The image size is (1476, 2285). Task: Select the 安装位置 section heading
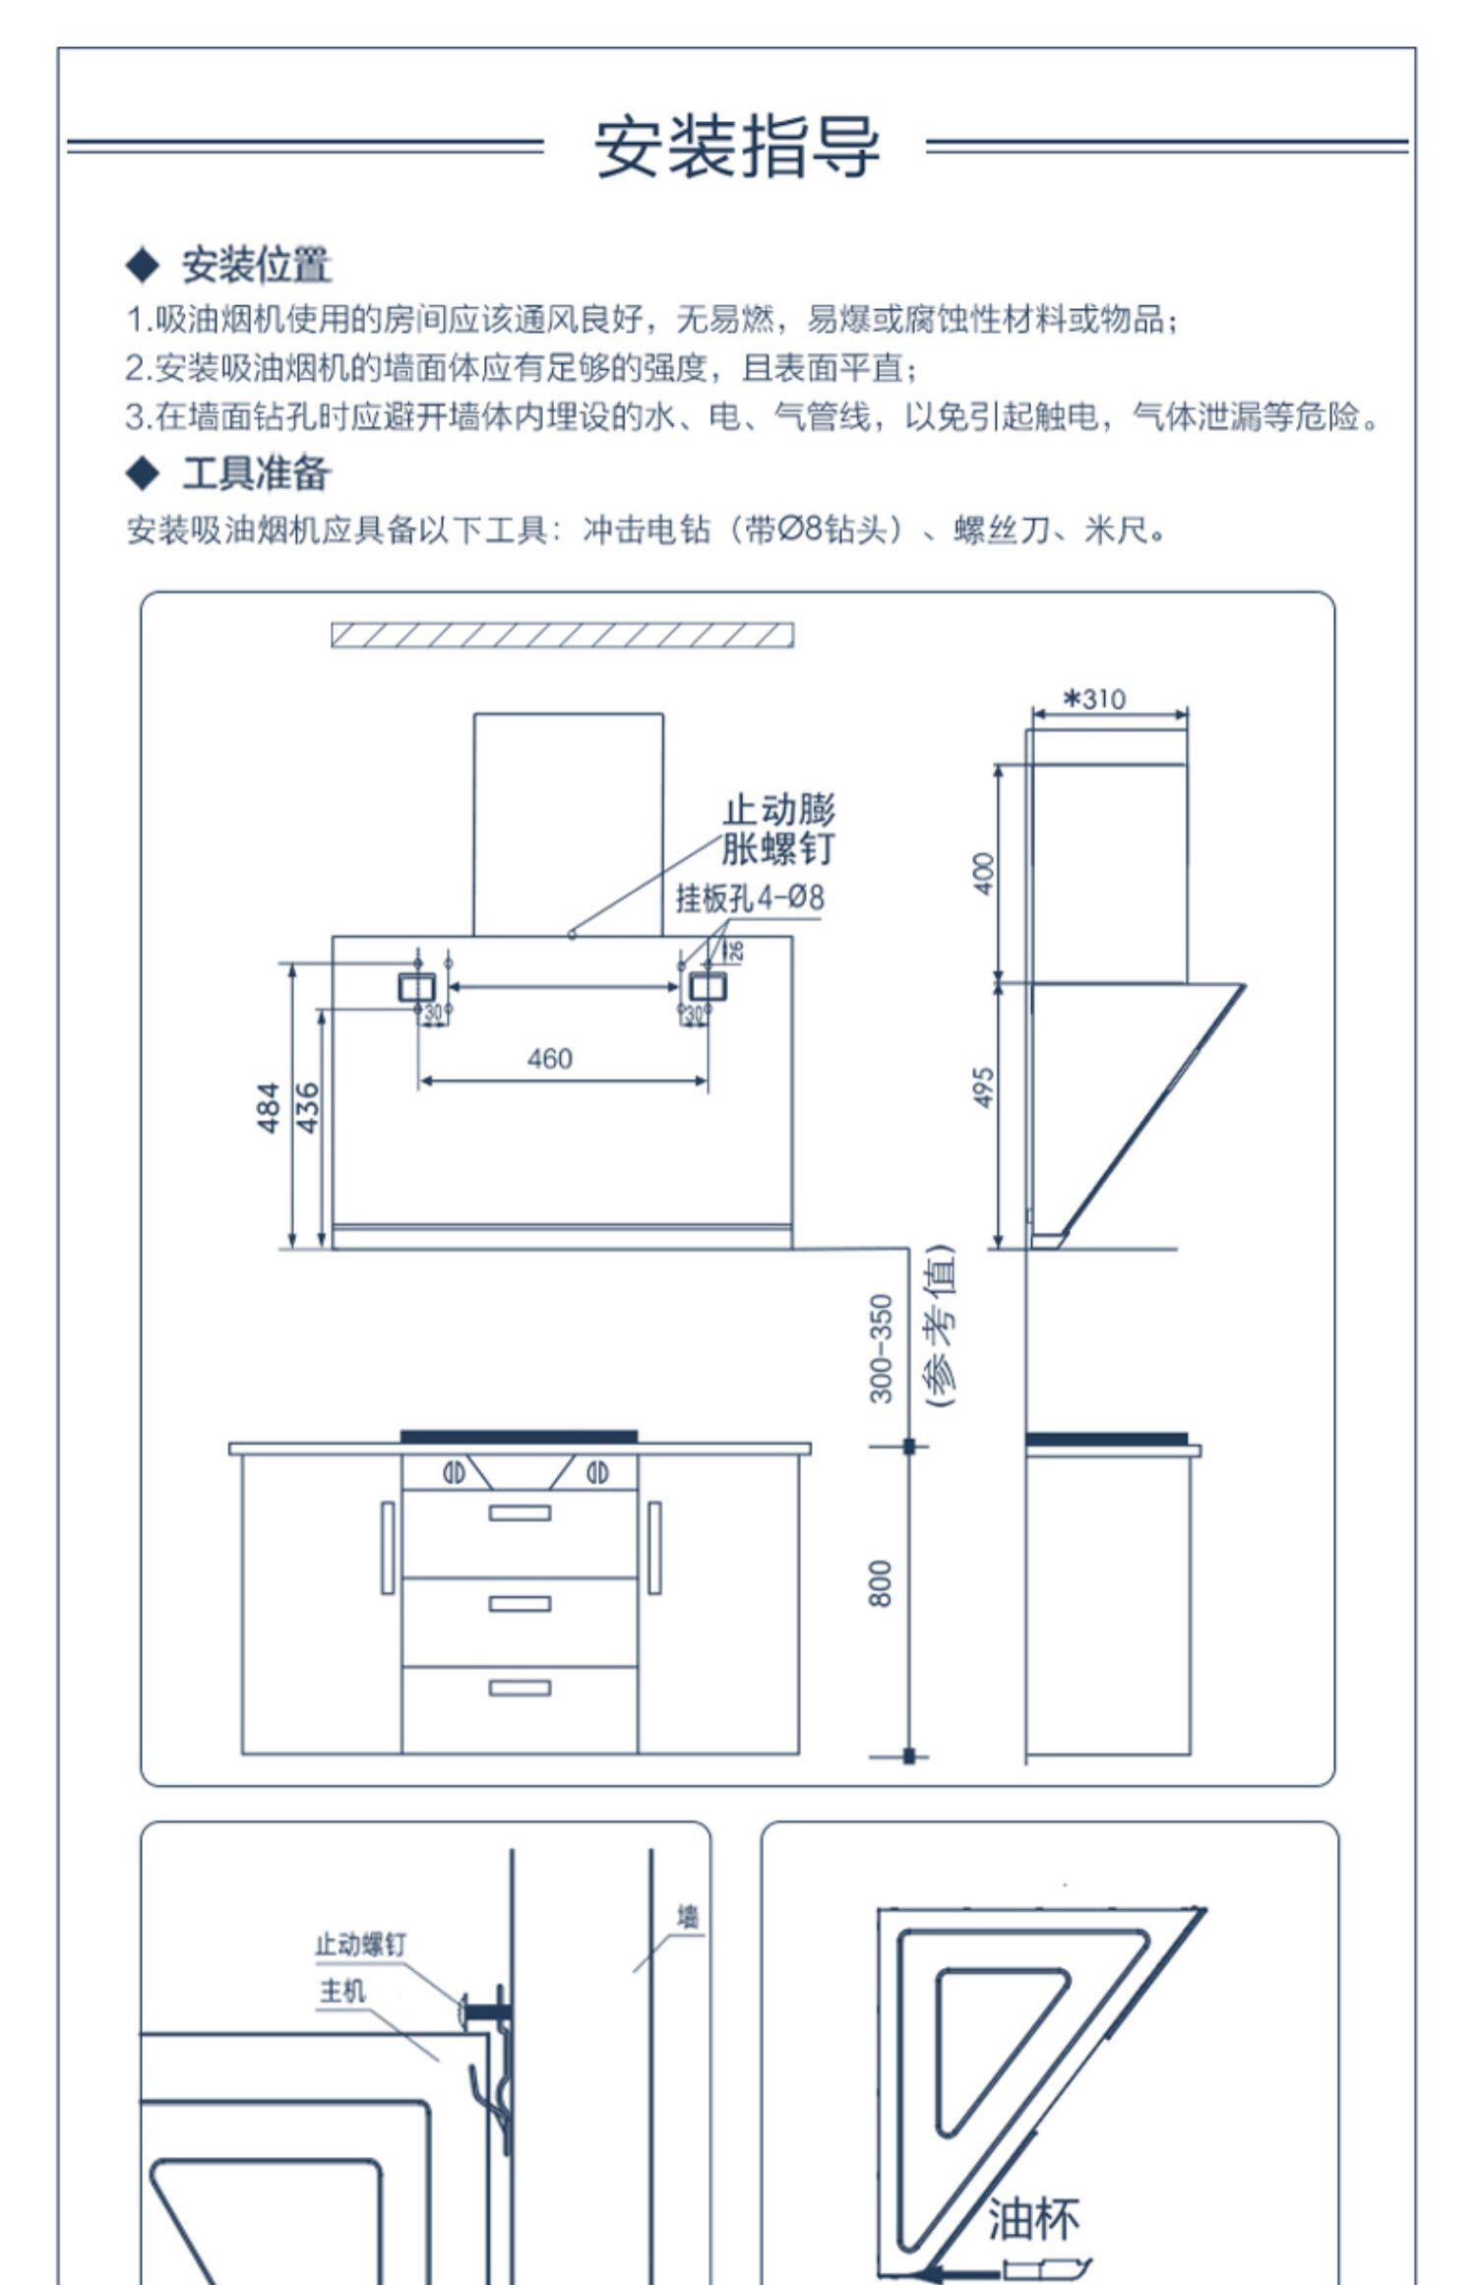[256, 265]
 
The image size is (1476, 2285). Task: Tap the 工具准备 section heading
[256, 474]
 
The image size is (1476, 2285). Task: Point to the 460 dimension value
[549, 1059]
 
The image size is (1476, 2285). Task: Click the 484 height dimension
[269, 1107]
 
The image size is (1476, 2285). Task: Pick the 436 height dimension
[308, 1107]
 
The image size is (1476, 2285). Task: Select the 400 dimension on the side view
[983, 873]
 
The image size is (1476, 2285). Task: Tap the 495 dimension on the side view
[983, 1087]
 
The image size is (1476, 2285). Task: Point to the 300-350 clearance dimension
[881, 1347]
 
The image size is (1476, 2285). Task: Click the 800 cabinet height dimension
[881, 1583]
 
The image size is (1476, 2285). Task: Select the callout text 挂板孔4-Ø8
[750, 898]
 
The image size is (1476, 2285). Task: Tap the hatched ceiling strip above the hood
[562, 635]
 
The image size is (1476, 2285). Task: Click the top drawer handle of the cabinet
[520, 1513]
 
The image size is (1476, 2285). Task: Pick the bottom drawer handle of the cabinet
[520, 1689]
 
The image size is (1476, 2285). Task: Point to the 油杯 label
[1033, 2219]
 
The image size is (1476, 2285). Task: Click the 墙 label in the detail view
[689, 1917]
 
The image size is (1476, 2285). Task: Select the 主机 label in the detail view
[342, 1992]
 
